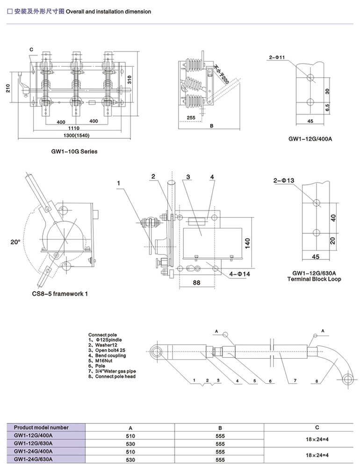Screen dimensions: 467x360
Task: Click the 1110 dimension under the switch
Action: [73, 128]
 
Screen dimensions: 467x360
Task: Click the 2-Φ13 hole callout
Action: [283, 180]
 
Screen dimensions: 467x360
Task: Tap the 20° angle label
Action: [15, 242]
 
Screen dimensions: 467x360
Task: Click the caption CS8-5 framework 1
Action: [59, 294]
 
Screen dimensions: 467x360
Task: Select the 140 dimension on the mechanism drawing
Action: [248, 244]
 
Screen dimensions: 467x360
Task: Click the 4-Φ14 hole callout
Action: [241, 274]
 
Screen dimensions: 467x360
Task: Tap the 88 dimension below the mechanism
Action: [196, 282]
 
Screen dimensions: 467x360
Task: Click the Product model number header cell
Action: [41, 427]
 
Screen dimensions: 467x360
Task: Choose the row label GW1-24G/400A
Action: [33, 452]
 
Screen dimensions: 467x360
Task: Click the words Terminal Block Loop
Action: [317, 279]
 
